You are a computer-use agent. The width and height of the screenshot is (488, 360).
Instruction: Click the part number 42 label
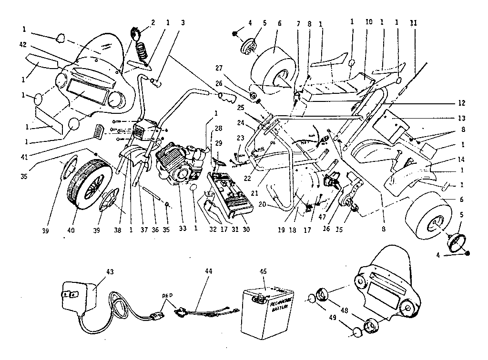point(22,45)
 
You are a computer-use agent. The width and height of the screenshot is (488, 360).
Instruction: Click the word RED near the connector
point(167,295)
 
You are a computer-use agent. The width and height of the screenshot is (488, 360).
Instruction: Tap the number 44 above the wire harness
point(208,271)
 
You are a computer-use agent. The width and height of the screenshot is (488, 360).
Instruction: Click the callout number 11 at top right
point(413,22)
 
